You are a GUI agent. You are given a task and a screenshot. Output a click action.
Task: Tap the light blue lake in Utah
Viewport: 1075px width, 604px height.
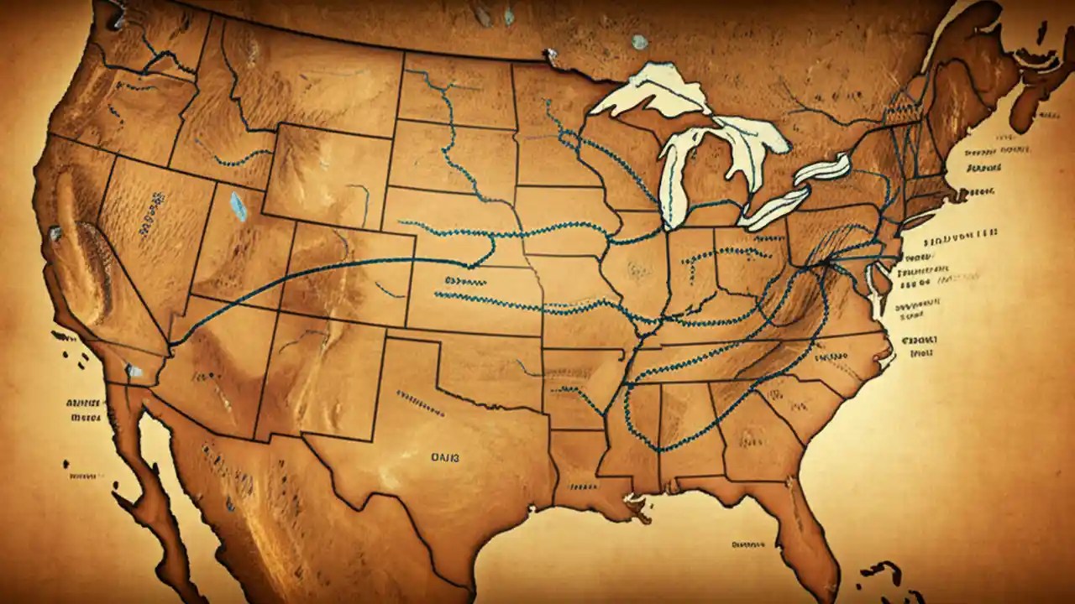click(239, 206)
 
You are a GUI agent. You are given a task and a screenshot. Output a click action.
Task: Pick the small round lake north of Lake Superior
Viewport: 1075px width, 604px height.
click(640, 41)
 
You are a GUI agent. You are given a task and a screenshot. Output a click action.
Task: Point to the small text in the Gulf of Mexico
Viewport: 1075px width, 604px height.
click(747, 544)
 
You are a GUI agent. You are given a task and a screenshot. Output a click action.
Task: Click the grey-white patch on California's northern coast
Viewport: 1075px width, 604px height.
click(55, 233)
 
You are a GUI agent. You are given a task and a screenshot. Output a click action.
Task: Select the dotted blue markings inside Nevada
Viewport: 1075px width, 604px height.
click(155, 200)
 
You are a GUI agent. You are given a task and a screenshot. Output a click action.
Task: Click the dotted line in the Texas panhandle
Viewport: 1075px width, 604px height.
click(420, 402)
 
